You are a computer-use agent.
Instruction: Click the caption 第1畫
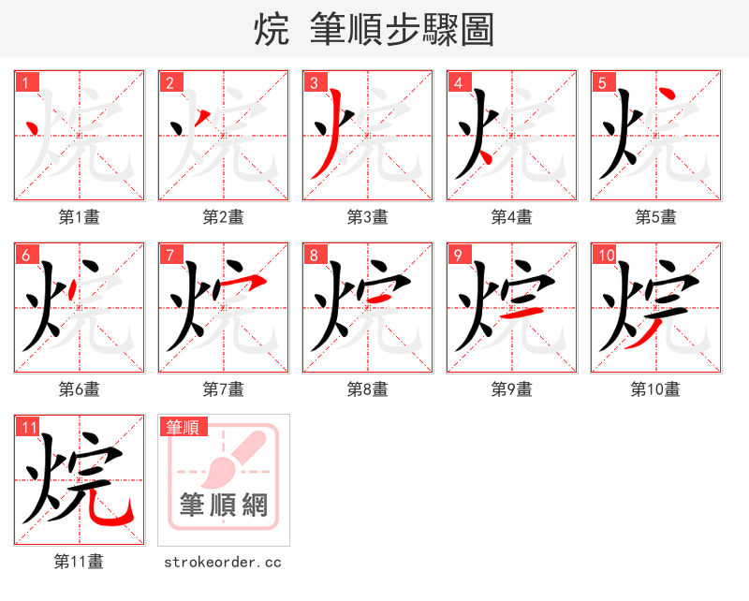(80, 217)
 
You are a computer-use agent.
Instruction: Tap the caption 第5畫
(656, 217)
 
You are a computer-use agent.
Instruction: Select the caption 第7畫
(224, 389)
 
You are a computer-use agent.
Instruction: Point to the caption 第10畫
(655, 389)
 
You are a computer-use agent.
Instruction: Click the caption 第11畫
(80, 562)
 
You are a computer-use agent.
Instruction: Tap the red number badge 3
(315, 83)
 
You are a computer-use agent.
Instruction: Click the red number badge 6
(26, 256)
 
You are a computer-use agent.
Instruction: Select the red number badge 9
(459, 256)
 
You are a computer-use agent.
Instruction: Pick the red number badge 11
(29, 428)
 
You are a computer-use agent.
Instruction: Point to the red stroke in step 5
(667, 96)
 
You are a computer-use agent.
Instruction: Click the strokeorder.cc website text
(223, 563)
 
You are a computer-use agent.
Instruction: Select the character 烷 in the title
(272, 30)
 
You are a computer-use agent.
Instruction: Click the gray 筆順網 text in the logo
(224, 506)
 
